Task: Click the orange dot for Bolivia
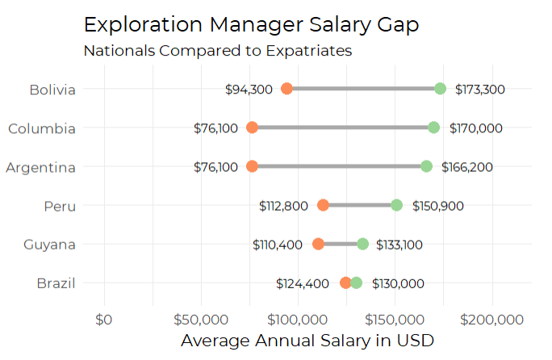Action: pyautogui.click(x=286, y=89)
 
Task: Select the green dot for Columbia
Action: pyautogui.click(x=434, y=128)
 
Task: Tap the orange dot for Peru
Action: pyautogui.click(x=323, y=205)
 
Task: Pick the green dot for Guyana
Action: pyautogui.click(x=363, y=244)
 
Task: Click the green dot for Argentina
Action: pyautogui.click(x=426, y=166)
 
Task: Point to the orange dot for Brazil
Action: pyautogui.click(x=345, y=283)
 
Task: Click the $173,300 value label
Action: pyautogui.click(x=480, y=90)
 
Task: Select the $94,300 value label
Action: pyautogui.click(x=249, y=90)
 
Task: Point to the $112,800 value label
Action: pyautogui.click(x=283, y=206)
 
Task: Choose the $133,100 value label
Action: pyautogui.click(x=397, y=245)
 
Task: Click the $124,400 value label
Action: pyautogui.click(x=303, y=283)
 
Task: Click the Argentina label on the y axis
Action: pyautogui.click(x=41, y=168)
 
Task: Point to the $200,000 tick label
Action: pyautogui.click(x=493, y=320)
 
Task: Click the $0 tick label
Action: pyautogui.click(x=104, y=320)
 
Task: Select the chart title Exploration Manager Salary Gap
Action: pyautogui.click(x=251, y=24)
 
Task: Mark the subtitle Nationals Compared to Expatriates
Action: pyautogui.click(x=218, y=50)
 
